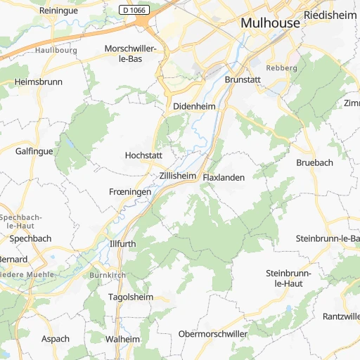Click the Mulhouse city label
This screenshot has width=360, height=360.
pos(270,22)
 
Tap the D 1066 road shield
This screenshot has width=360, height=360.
pos(134,10)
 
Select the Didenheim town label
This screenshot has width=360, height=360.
pos(193,107)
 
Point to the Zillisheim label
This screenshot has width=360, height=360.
pos(176,176)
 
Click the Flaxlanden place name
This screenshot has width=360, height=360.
pos(224,178)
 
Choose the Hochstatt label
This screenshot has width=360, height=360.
pos(143,155)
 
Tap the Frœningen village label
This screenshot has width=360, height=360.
pos(130,192)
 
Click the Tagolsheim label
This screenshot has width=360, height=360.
pos(130,297)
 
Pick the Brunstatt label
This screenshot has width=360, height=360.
pos(243,80)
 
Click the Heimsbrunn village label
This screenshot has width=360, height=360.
pos(38,82)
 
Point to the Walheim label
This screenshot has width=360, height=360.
pos(123,339)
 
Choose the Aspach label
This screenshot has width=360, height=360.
pos(56,339)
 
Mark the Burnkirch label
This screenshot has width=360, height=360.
pos(107,274)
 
